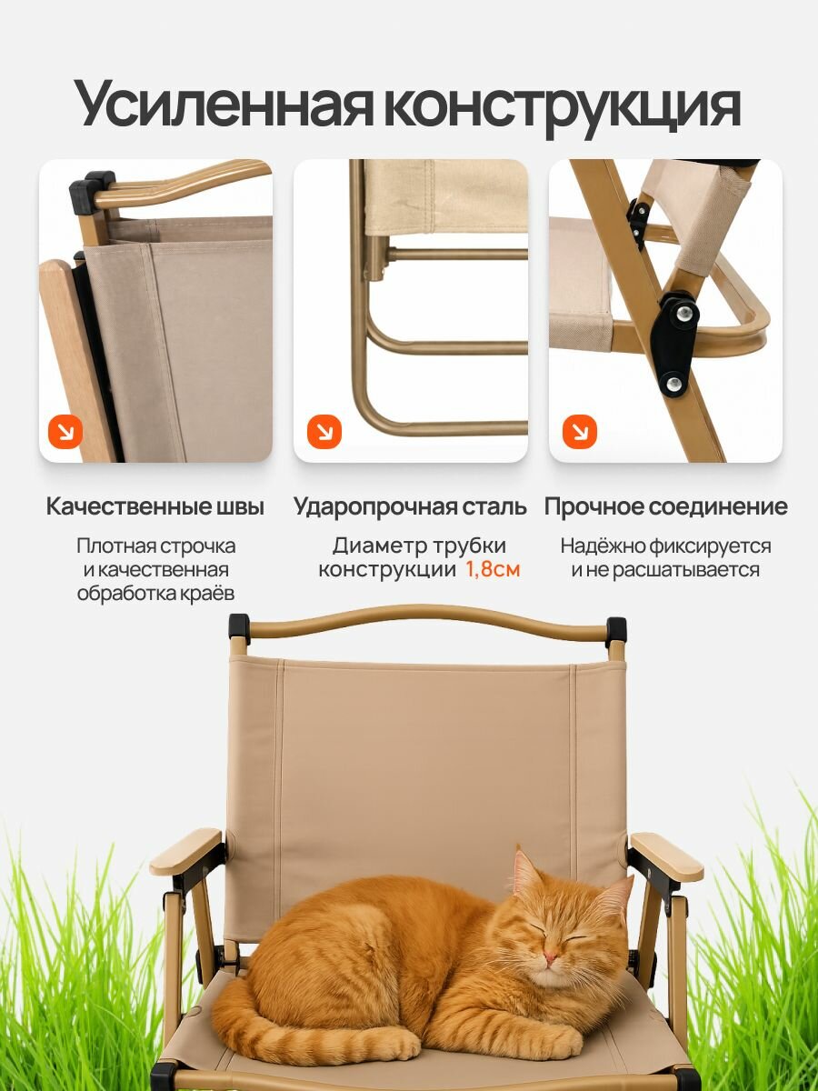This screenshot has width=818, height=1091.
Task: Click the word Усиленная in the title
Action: (224, 107)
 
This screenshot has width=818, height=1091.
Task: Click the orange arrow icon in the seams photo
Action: (65, 432)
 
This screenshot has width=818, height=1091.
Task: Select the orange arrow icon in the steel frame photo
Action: (324, 432)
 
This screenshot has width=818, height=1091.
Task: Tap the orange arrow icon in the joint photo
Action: (580, 432)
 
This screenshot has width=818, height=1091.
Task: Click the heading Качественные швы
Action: (155, 507)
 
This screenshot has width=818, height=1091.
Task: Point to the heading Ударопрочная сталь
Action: (410, 507)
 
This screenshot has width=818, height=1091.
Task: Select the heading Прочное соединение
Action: (665, 507)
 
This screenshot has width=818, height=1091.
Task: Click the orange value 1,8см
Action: (493, 570)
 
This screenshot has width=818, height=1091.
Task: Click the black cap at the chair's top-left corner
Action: (239, 628)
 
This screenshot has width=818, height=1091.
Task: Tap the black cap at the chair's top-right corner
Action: (616, 630)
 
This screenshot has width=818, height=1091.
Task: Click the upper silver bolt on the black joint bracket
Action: (686, 313)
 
